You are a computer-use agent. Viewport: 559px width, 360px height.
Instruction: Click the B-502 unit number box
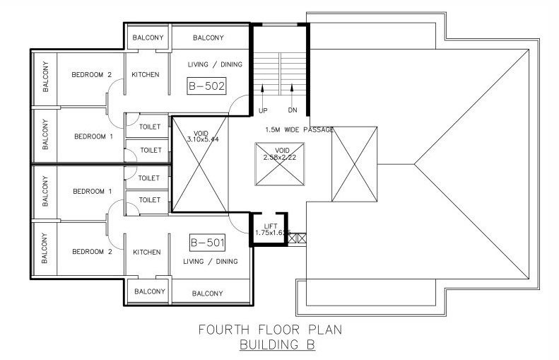pyautogui.click(x=206, y=87)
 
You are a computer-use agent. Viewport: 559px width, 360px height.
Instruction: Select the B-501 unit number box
pyautogui.click(x=207, y=243)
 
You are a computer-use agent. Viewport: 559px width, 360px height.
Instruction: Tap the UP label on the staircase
pyautogui.click(x=263, y=110)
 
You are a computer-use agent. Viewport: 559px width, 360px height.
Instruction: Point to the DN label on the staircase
pyautogui.click(x=292, y=110)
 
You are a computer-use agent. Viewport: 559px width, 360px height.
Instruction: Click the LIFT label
pyautogui.click(x=269, y=225)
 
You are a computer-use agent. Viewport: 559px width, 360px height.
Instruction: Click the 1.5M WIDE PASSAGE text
pyautogui.click(x=300, y=129)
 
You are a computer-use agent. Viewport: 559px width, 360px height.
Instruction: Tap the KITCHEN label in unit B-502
pyautogui.click(x=146, y=74)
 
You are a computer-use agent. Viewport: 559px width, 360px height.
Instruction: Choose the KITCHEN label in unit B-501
pyautogui.click(x=146, y=252)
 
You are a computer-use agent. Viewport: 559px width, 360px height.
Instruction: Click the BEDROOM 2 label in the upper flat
pyautogui.click(x=92, y=74)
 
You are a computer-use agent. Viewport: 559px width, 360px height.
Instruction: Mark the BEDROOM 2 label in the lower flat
pyautogui.click(x=92, y=252)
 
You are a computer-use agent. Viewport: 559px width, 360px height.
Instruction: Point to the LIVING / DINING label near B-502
pyautogui.click(x=215, y=65)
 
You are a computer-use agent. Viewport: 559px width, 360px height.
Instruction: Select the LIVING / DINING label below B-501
pyautogui.click(x=210, y=262)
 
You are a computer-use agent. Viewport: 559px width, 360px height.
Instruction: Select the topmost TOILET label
pyautogui.click(x=150, y=127)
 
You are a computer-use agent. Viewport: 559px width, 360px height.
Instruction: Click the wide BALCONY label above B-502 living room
pyautogui.click(x=208, y=37)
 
